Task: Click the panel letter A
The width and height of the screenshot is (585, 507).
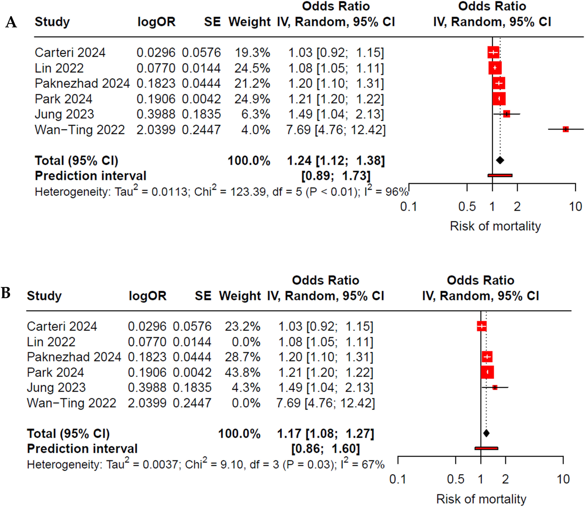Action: [x=11, y=22]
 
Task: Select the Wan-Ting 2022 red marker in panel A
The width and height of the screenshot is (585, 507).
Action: [x=566, y=129]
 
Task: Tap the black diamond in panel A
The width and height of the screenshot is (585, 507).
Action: [x=500, y=160]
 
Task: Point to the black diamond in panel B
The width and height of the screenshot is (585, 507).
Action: [x=486, y=433]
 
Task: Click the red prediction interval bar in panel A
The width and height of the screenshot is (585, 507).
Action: [x=500, y=175]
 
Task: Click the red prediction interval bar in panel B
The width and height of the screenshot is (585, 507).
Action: [x=486, y=448]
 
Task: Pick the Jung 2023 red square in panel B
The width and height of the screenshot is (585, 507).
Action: [x=495, y=387]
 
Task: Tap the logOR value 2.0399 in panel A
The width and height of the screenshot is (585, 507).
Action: [x=156, y=130]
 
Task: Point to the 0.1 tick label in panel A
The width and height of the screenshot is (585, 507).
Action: [x=409, y=207]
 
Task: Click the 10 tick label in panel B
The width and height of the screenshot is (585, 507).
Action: [x=563, y=480]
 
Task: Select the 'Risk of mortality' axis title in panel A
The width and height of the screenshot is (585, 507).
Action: [x=495, y=226]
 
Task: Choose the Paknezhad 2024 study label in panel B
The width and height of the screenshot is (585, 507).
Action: [x=74, y=357]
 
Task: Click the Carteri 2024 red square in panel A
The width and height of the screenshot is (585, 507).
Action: [x=493, y=52]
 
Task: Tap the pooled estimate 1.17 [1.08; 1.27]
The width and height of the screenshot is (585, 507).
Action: [x=325, y=434]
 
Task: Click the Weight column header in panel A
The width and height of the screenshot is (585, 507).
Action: [x=249, y=22]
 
